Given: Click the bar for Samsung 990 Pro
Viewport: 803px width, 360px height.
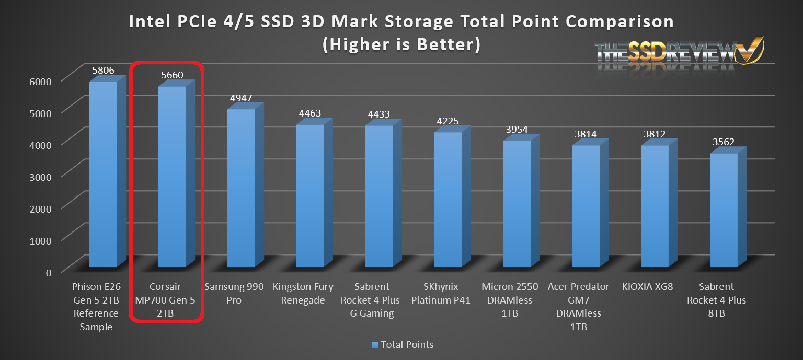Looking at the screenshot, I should coord(240,188).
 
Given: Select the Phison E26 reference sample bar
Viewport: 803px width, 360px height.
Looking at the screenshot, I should coord(102,175).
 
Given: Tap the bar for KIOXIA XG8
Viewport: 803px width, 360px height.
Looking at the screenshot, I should coord(655,206).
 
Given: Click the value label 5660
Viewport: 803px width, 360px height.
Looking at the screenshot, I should coord(172,75).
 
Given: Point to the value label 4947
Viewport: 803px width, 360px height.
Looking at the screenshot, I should coord(241,98).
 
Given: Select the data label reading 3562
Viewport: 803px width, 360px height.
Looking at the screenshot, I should coord(724,142).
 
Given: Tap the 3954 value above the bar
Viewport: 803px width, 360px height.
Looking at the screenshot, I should coord(517,130).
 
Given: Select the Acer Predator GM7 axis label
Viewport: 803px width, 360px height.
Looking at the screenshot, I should coord(579,307).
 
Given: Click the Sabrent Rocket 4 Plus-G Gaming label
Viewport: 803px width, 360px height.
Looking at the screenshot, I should coord(372,300).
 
